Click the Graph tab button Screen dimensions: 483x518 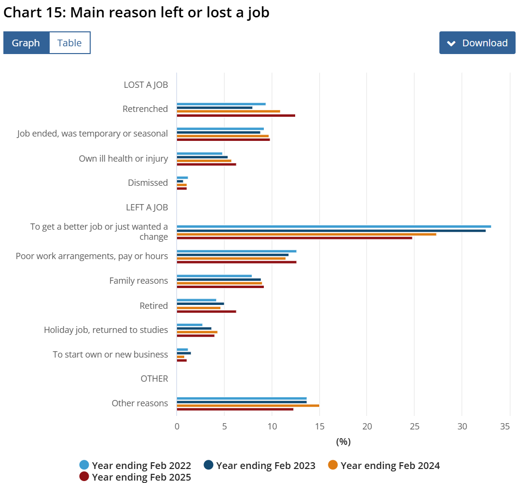click(x=26, y=43)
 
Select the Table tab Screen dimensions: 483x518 click(x=69, y=43)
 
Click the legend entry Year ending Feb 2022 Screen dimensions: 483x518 click(x=136, y=466)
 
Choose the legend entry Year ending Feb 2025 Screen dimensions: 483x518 click(x=136, y=477)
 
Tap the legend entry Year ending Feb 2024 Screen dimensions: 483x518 click(x=384, y=466)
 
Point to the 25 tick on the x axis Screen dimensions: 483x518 click(x=414, y=427)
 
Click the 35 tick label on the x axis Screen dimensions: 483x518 click(x=505, y=427)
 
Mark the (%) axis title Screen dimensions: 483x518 click(x=343, y=442)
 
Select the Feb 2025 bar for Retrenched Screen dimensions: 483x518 click(x=236, y=116)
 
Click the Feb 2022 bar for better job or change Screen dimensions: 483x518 click(x=334, y=226)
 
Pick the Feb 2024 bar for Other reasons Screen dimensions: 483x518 click(x=248, y=405)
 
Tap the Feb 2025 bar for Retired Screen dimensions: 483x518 click(x=206, y=312)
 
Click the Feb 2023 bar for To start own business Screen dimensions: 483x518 click(x=184, y=353)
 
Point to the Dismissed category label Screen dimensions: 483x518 click(x=148, y=183)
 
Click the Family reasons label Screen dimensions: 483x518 click(x=138, y=281)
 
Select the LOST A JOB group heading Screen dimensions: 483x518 click(x=146, y=85)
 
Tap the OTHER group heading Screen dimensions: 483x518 click(x=154, y=379)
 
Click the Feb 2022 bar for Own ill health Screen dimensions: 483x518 click(x=200, y=153)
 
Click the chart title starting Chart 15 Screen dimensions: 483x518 click(x=136, y=13)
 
